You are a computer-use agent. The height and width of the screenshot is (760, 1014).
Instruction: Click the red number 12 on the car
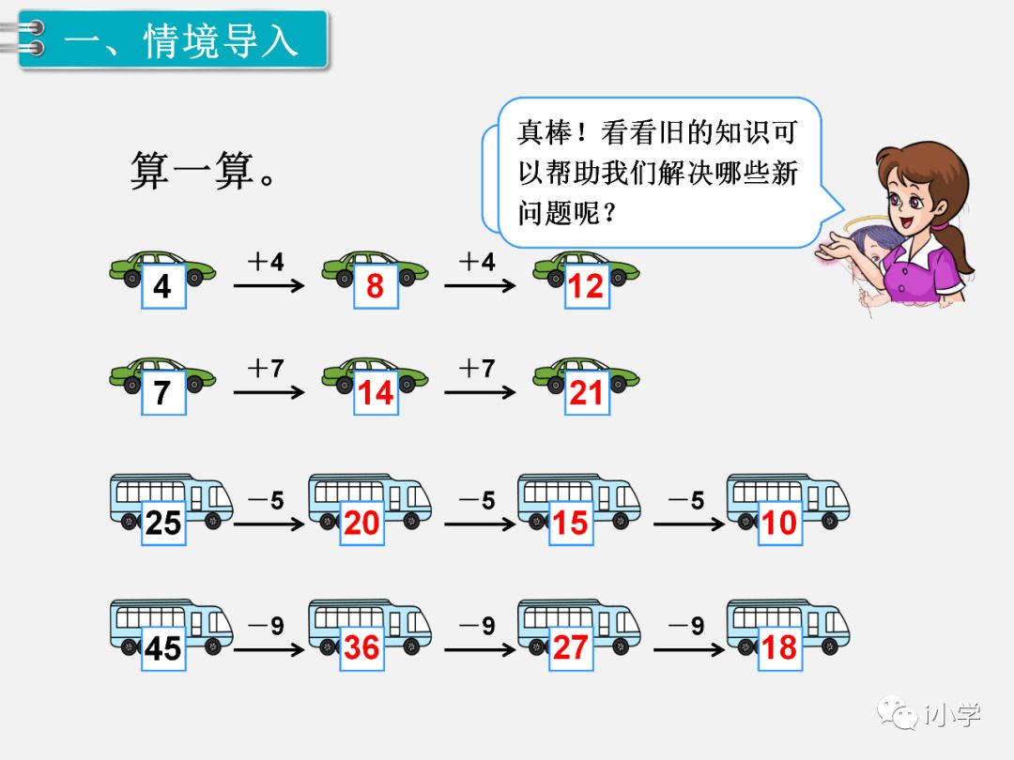[586, 286]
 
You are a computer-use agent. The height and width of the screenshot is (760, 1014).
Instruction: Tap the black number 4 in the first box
[162, 286]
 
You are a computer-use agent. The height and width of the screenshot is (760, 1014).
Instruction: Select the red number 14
[375, 392]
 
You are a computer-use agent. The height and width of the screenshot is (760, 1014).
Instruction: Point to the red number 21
[586, 392]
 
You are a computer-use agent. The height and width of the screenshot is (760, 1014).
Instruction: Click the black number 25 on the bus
[162, 523]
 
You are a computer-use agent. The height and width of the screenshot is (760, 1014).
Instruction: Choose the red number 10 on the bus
[779, 523]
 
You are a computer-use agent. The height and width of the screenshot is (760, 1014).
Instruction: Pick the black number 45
[162, 647]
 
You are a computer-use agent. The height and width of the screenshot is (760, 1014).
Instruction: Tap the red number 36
[361, 647]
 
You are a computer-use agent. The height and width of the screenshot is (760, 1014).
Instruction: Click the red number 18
[779, 647]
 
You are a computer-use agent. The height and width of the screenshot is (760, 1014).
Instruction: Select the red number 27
[570, 647]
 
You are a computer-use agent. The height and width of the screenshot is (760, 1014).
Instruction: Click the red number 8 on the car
[375, 286]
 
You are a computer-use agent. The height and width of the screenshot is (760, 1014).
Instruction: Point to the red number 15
[570, 523]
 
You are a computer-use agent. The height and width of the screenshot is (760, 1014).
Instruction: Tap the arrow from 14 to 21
[480, 391]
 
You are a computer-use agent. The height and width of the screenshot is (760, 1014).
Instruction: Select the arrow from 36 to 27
[480, 647]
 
